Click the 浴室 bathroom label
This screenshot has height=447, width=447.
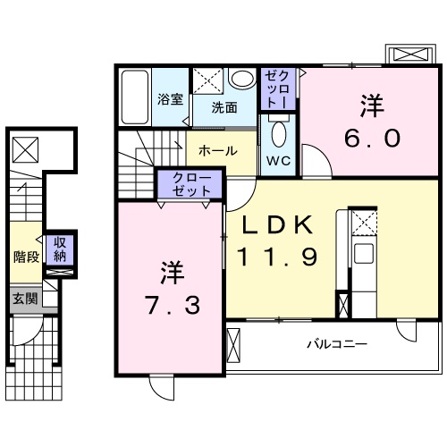tap(170, 100)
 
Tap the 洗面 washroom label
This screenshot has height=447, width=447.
tap(223, 108)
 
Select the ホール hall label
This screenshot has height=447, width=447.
tap(216, 151)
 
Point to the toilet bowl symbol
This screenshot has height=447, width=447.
tap(277, 137)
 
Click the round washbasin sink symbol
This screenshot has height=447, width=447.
tap(241, 80)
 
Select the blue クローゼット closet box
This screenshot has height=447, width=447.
tap(186, 185)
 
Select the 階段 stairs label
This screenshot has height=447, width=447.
tap(25, 257)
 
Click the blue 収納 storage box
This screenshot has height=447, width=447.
tap(59, 249)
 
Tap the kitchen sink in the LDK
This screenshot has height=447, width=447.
tap(363, 252)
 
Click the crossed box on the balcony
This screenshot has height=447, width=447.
tap(234, 344)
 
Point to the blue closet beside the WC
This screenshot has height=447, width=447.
tap(273, 89)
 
